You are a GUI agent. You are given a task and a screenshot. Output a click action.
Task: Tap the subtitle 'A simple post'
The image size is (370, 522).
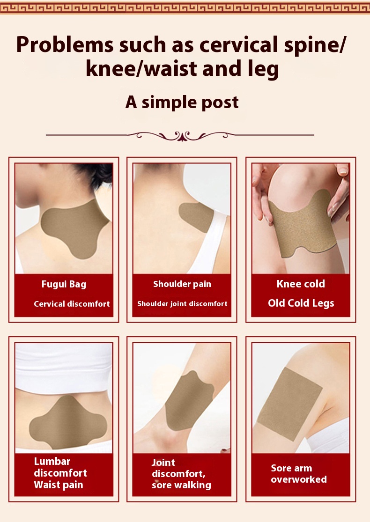click(182, 102)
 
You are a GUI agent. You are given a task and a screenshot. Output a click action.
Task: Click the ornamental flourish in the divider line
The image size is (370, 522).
click(180, 135)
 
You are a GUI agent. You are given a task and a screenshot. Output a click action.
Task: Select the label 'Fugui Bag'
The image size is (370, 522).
click(64, 284)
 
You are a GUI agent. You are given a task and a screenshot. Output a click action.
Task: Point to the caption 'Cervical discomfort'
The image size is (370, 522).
click(72, 304)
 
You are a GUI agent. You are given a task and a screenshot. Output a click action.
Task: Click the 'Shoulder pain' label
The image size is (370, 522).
click(182, 284)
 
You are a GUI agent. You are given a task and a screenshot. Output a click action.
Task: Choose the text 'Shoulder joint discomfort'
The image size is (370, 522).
click(182, 304)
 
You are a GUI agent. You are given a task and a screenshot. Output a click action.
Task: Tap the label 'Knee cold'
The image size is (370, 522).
click(301, 284)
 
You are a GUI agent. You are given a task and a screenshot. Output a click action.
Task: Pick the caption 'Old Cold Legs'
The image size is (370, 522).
click(301, 303)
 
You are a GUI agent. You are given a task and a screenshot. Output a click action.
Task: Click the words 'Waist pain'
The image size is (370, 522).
click(59, 485)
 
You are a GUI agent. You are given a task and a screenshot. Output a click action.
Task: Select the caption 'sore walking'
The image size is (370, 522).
click(181, 485)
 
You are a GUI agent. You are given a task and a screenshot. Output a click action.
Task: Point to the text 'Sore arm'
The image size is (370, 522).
click(291, 468)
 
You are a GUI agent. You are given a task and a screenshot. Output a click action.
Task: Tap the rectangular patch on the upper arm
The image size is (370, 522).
click(290, 403)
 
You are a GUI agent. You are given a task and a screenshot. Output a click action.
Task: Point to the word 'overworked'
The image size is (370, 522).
click(299, 479)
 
